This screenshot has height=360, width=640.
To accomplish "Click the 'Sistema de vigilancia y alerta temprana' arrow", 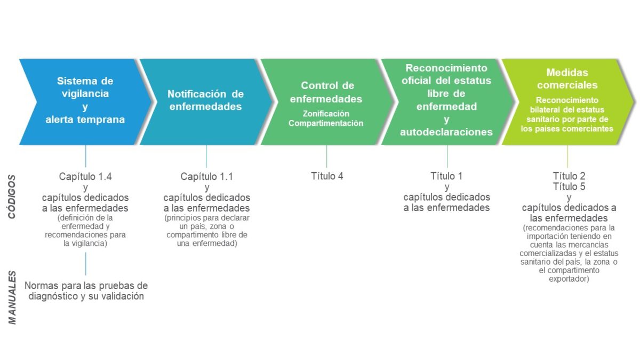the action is [86, 102].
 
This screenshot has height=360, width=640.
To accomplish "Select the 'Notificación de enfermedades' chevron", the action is [206, 102].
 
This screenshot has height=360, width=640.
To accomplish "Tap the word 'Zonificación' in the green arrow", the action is [326, 114].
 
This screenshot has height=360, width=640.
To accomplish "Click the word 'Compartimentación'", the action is [326, 123].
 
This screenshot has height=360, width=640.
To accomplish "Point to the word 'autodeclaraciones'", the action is [446, 132].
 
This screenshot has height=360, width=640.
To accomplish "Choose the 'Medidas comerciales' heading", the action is [567, 78].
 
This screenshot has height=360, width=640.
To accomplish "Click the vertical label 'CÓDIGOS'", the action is [12, 197].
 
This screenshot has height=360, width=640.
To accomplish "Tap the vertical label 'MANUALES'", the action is [12, 298].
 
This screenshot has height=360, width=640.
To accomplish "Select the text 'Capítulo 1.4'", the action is [85, 177].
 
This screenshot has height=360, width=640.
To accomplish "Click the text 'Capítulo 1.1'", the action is [206, 177].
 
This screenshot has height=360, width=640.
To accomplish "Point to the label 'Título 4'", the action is [327, 176].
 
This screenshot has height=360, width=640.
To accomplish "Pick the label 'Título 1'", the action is [446, 176].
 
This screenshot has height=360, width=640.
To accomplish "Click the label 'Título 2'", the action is [569, 175].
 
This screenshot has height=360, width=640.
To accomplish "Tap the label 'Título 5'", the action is [569, 187].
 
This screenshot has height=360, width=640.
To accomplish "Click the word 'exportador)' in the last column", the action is [569, 279].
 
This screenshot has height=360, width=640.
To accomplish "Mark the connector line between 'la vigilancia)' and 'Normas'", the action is [86, 263].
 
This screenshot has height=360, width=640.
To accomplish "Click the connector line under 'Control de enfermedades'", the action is [326, 157].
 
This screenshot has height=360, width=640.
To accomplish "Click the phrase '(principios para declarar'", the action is [207, 218].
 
